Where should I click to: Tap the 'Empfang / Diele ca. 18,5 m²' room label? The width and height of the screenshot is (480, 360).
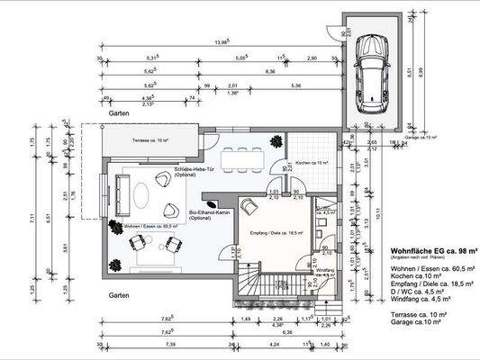(276, 232)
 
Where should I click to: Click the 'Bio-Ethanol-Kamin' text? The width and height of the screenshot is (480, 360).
(210, 214)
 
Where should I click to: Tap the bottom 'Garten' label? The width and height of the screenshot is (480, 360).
(120, 295)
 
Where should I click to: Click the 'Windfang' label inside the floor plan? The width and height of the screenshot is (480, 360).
(325, 270)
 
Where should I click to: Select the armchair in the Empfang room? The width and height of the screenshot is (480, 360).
(247, 207)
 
